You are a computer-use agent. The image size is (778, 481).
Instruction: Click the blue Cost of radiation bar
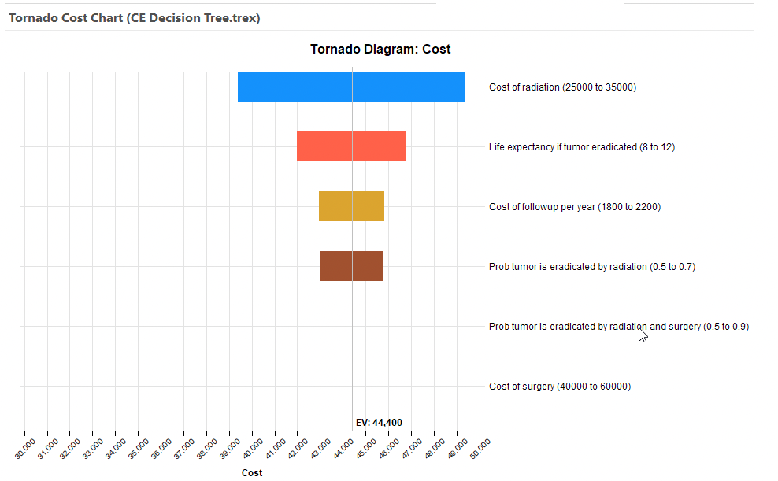pos(351,87)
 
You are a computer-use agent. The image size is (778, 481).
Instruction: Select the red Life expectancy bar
pos(351,146)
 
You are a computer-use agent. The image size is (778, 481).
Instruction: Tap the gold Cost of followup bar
pos(351,206)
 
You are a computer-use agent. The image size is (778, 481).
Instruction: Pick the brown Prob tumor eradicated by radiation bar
pos(351,266)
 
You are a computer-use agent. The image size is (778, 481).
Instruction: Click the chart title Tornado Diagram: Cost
pos(380,50)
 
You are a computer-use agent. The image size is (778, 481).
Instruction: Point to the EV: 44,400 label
pos(379,423)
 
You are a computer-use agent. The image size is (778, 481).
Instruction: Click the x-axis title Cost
pos(252,473)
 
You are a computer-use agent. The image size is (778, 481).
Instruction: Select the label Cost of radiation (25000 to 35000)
pos(562,87)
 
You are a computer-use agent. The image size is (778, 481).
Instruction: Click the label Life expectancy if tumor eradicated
pos(581,147)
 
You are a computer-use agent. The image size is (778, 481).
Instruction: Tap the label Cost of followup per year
pos(574,207)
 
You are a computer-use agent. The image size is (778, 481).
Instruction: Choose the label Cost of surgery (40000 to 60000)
pos(559,387)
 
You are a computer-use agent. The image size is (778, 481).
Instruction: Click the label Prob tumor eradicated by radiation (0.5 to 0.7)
pos(591,267)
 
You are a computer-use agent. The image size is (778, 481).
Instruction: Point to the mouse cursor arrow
pos(643,335)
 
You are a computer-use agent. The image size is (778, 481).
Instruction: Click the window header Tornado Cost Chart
pos(134,17)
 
